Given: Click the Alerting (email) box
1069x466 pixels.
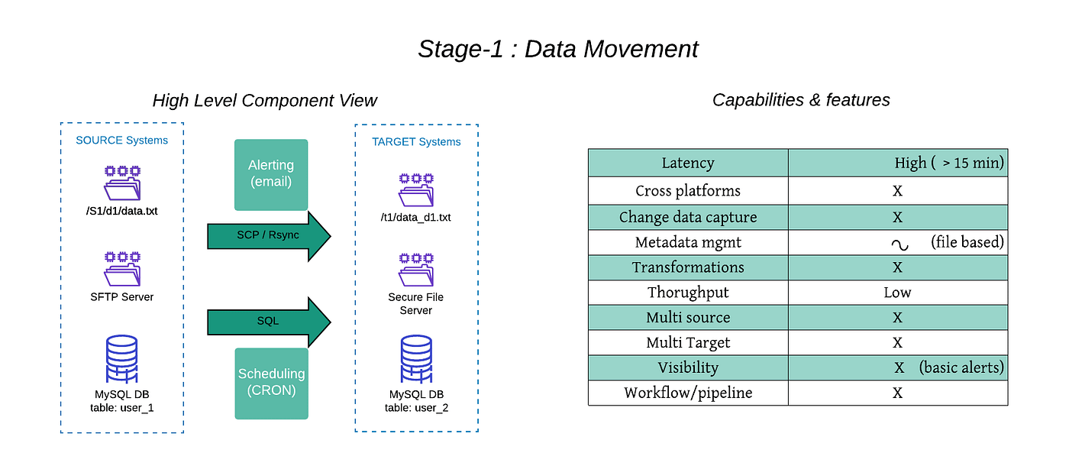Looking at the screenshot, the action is pyautogui.click(x=271, y=174).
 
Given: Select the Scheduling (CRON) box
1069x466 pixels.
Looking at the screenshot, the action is pyautogui.click(x=272, y=383).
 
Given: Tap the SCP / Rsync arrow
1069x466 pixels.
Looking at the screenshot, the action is pyautogui.click(x=269, y=236).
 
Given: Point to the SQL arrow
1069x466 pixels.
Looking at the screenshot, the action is pyautogui.click(x=269, y=322).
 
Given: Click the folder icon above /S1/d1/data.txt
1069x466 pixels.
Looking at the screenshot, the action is pyautogui.click(x=123, y=183).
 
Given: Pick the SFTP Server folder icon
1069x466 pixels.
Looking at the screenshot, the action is pyautogui.click(x=123, y=269).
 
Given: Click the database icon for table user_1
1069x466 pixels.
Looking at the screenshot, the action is pyautogui.click(x=121, y=359).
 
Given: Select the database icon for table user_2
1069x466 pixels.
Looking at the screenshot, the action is pyautogui.click(x=416, y=359).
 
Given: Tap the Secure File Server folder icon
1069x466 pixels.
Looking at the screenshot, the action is pyautogui.click(x=417, y=270).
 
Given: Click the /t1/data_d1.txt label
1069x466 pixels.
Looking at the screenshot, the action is pyautogui.click(x=415, y=217).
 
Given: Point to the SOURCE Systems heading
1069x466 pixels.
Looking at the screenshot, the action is pyautogui.click(x=121, y=140).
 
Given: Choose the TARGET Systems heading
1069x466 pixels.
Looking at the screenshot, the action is pyautogui.click(x=416, y=142).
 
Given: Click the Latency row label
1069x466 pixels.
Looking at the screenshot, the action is pyautogui.click(x=688, y=163).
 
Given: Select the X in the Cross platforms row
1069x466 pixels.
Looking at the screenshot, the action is pyautogui.click(x=897, y=191).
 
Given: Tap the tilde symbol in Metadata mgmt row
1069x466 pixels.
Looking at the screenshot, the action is pyautogui.click(x=900, y=245).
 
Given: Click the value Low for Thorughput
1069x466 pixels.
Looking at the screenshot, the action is pyautogui.click(x=897, y=292).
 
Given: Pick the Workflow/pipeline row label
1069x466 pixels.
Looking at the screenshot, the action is pyautogui.click(x=688, y=393).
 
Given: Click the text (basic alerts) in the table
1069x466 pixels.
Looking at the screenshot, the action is pyautogui.click(x=961, y=367).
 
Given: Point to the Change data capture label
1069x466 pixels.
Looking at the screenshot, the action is pyautogui.click(x=688, y=217).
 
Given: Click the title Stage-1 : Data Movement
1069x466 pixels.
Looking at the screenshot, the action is pyautogui.click(x=558, y=49).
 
